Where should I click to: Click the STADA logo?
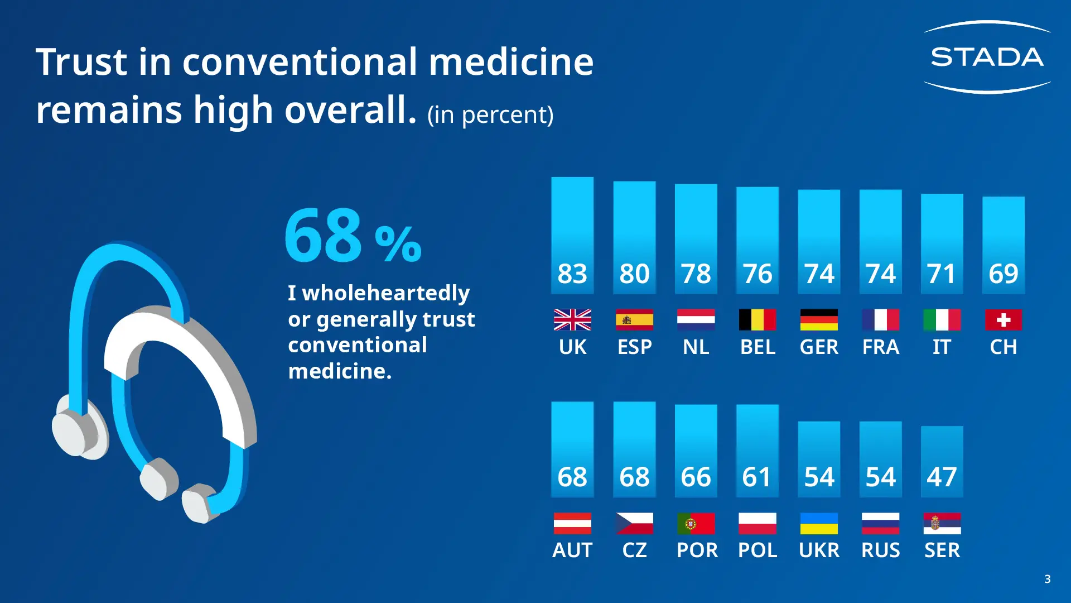(987, 57)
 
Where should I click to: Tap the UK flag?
(572, 320)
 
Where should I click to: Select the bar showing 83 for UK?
(572, 235)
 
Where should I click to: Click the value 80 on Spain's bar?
(634, 274)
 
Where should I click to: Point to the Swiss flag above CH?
(1003, 320)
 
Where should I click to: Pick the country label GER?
(819, 347)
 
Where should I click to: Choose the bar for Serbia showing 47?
(942, 461)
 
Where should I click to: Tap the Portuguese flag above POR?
(696, 524)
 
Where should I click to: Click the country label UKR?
(819, 551)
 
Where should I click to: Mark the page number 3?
(1047, 579)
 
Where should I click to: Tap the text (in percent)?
(490, 114)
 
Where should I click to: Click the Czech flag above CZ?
(634, 524)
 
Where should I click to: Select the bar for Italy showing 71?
(942, 243)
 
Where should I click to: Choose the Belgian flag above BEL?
(757, 320)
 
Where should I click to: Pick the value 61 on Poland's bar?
(756, 477)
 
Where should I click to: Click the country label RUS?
(880, 551)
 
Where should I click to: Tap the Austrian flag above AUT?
(572, 524)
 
